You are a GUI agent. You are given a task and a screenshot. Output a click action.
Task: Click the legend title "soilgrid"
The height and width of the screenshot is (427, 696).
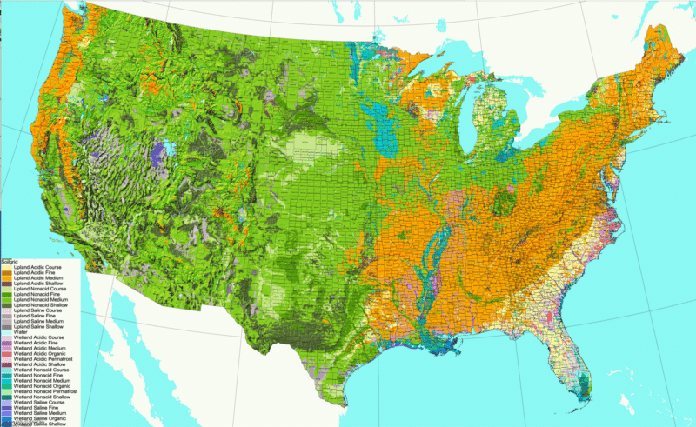click(10, 259)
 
